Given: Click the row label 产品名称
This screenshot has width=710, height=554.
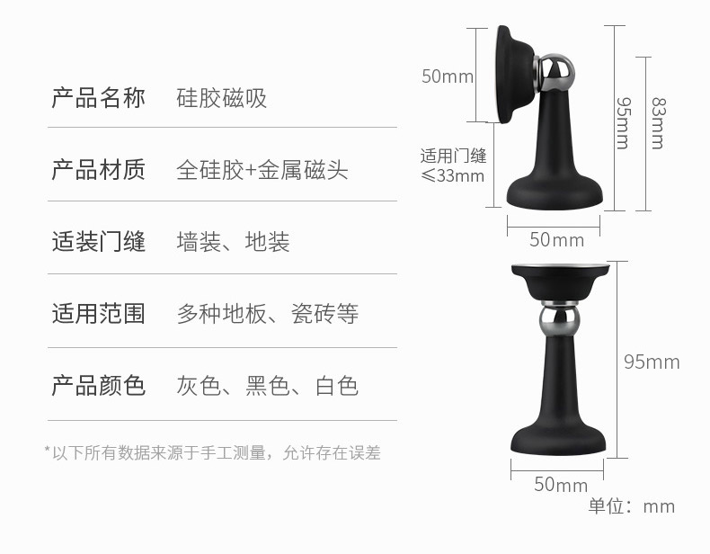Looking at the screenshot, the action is (98, 98).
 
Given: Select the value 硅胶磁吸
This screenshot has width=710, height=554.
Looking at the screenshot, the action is (222, 98).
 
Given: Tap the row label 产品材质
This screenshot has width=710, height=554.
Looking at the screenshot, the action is (98, 169).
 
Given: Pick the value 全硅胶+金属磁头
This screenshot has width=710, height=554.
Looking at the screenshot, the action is (262, 169).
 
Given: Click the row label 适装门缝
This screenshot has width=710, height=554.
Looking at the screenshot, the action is (98, 241).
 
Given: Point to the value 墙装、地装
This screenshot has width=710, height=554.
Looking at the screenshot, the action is (233, 241).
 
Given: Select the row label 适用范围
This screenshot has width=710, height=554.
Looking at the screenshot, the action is (98, 314).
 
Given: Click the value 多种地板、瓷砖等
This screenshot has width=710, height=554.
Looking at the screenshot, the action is (268, 314).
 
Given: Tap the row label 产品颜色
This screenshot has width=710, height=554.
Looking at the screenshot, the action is (98, 386).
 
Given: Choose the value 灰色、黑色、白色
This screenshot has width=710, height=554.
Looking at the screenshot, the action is (268, 386).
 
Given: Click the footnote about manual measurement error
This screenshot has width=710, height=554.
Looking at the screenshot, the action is (212, 452).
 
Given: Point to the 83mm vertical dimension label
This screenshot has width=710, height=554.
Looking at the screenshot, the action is (658, 122).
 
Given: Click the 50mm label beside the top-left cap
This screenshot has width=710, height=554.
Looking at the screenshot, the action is (447, 76).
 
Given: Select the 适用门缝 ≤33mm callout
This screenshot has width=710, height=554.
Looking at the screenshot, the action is (452, 165).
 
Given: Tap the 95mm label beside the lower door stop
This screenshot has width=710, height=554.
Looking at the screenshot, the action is (652, 362).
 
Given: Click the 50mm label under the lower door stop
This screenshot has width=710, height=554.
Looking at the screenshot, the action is (560, 485).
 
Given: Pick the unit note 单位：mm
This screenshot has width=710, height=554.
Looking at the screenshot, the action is (631, 506).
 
